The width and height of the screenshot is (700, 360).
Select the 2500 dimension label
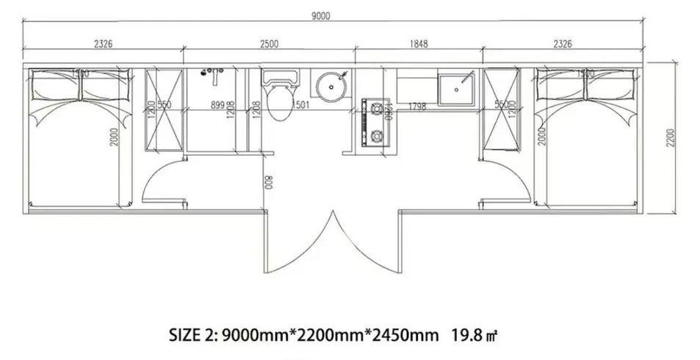point(269,44)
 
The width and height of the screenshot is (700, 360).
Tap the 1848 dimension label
point(418,44)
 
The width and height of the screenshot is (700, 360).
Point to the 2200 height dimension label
point(670,137)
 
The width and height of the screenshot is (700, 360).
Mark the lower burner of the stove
point(378,135)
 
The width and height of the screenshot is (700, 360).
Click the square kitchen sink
point(458,88)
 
